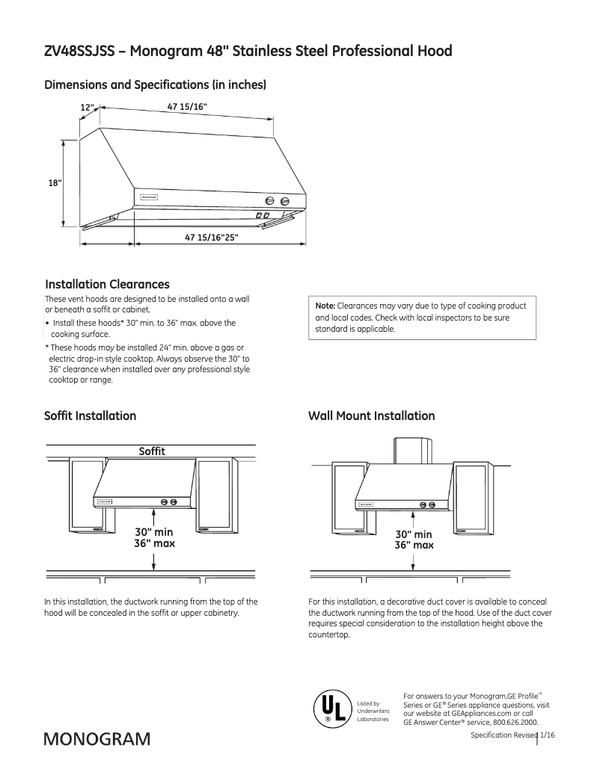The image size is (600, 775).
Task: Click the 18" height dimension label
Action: click(55, 182)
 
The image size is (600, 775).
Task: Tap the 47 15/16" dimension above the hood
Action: click(187, 108)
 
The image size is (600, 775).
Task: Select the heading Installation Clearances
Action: click(107, 285)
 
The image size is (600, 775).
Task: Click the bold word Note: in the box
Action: click(325, 306)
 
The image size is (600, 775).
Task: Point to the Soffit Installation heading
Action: click(90, 416)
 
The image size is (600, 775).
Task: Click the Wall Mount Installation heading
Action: click(371, 416)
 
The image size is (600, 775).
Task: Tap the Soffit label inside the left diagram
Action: click(152, 451)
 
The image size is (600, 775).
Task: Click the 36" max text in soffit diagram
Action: click(154, 543)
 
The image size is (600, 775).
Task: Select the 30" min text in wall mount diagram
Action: click(414, 534)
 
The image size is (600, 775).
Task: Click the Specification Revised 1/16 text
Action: click(512, 736)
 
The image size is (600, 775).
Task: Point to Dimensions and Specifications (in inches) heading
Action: click(156, 85)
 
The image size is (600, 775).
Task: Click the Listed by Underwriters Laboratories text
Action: click(373, 711)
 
